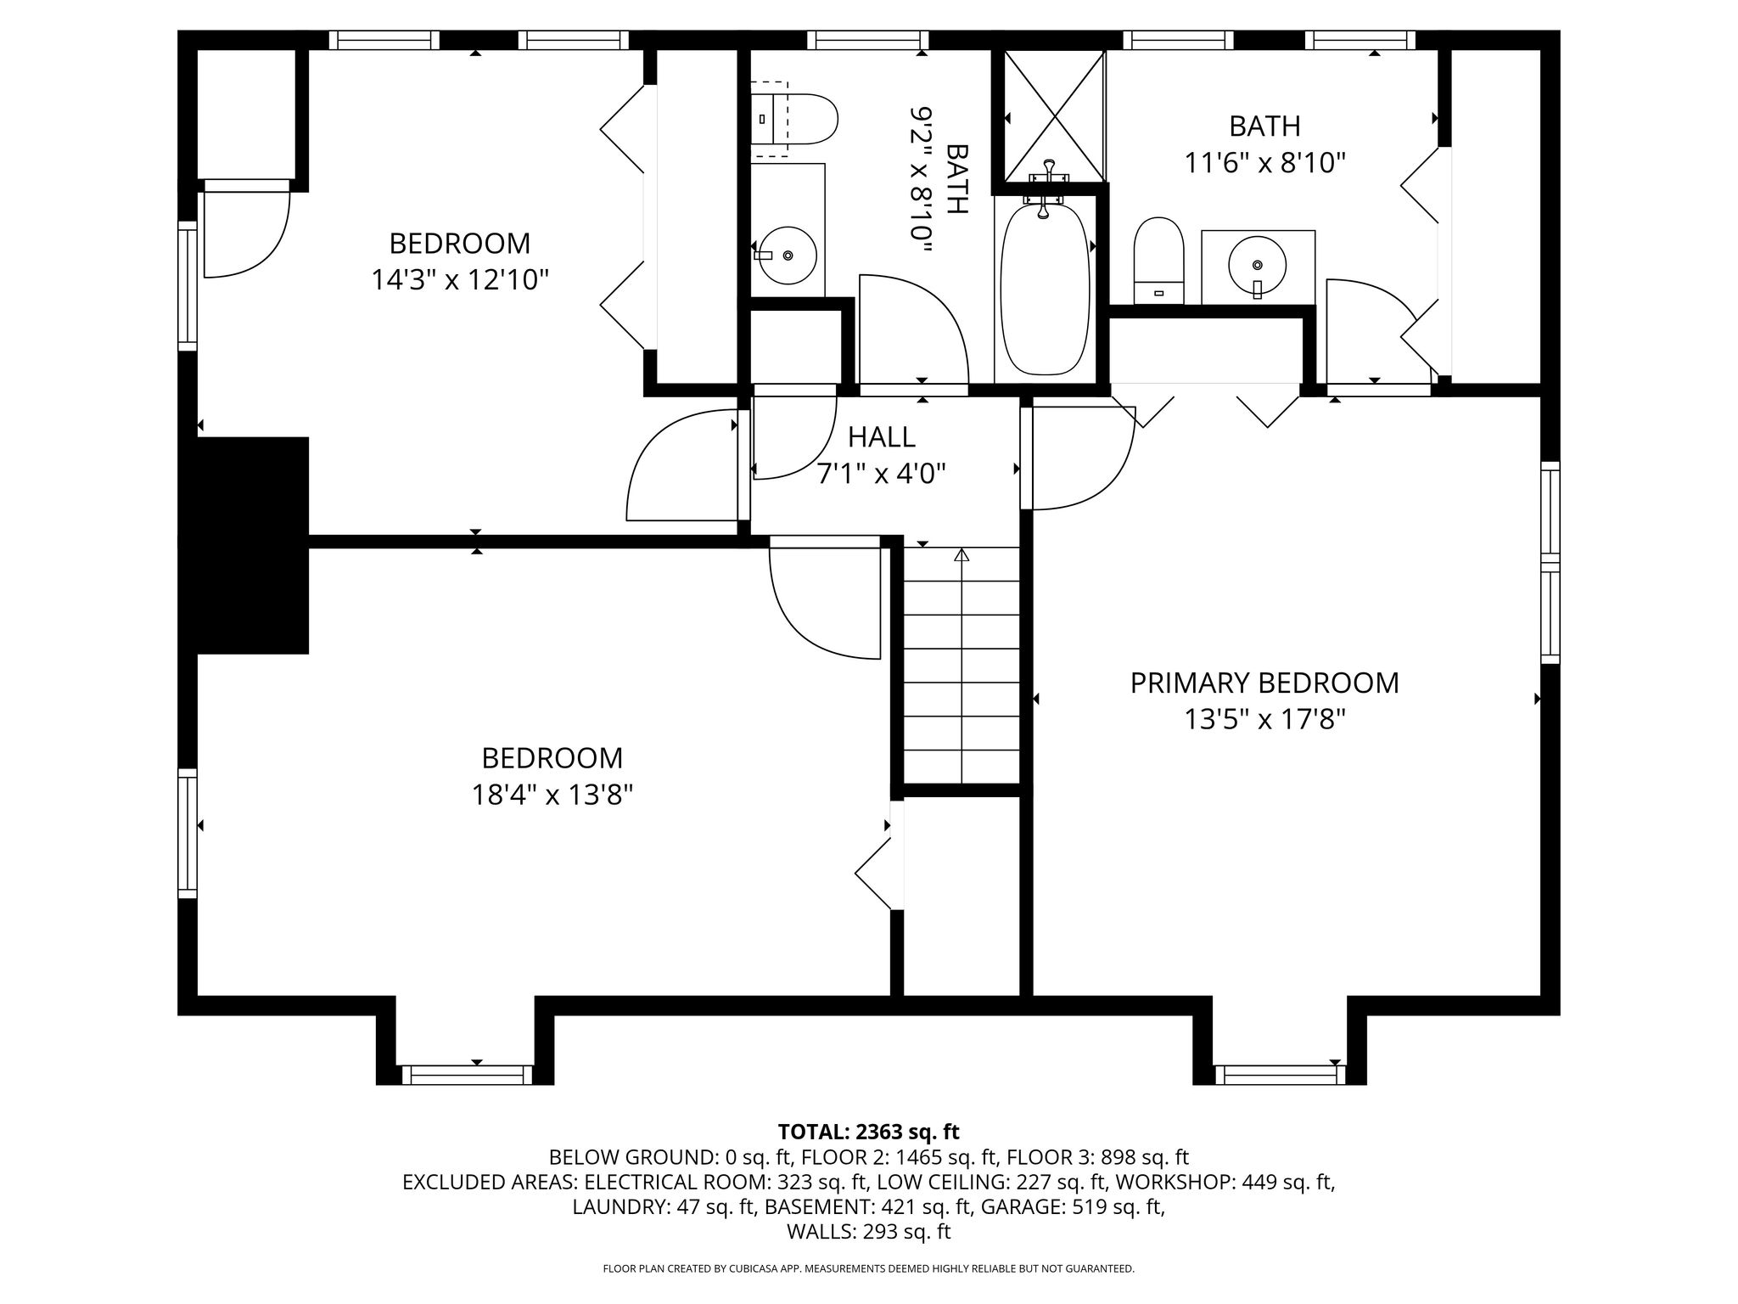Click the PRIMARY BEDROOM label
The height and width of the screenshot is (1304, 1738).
(x=1264, y=683)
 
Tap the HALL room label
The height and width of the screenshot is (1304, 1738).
(x=882, y=437)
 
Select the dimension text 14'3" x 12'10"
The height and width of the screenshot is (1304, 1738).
(x=460, y=280)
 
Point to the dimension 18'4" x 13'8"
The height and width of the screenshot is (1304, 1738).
(x=552, y=795)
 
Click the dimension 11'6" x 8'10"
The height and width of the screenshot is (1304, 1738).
(x=1265, y=163)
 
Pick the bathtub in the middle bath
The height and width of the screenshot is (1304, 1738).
(x=1046, y=289)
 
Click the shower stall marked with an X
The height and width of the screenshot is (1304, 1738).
(x=1055, y=115)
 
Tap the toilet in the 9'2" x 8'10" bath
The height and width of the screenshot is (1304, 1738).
(x=794, y=118)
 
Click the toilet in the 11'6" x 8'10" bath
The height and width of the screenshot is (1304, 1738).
(x=1158, y=260)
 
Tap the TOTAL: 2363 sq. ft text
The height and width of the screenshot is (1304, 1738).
(x=868, y=1132)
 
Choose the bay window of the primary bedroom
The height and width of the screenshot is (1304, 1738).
(x=1280, y=1075)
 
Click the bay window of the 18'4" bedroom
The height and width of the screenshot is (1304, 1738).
(x=467, y=1075)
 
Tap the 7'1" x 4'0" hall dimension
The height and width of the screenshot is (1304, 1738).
(x=882, y=474)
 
